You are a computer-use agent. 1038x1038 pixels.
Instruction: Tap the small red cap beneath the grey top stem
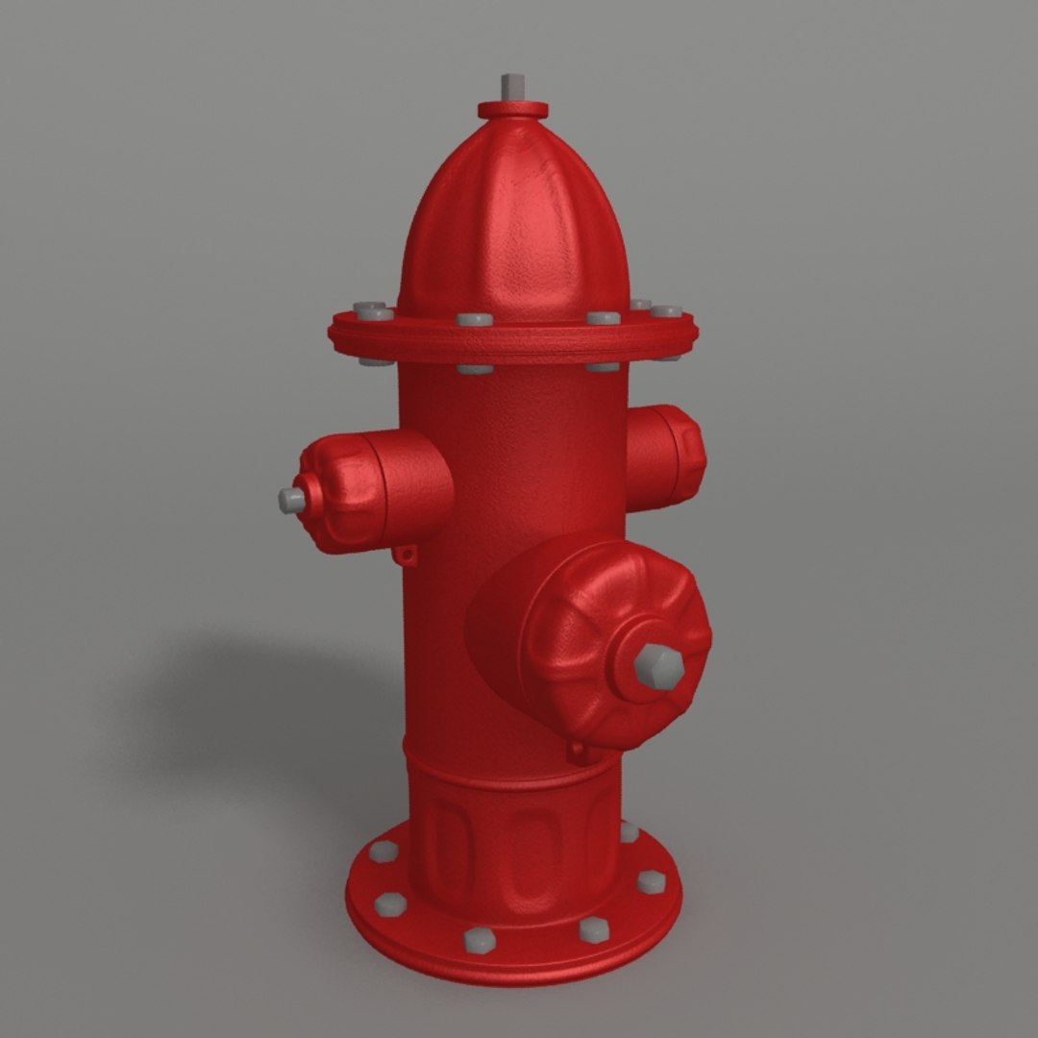[x=513, y=110]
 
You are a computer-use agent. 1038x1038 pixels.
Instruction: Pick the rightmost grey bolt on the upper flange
[x=666, y=310]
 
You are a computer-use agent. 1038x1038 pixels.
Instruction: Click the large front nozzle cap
[x=596, y=634]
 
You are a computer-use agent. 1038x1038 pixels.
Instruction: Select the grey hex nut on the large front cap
[x=659, y=666]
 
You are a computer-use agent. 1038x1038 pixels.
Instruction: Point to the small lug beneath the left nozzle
[x=408, y=555]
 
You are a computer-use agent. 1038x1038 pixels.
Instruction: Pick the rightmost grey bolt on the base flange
[x=651, y=881]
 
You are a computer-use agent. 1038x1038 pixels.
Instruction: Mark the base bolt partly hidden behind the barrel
[x=629, y=831]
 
